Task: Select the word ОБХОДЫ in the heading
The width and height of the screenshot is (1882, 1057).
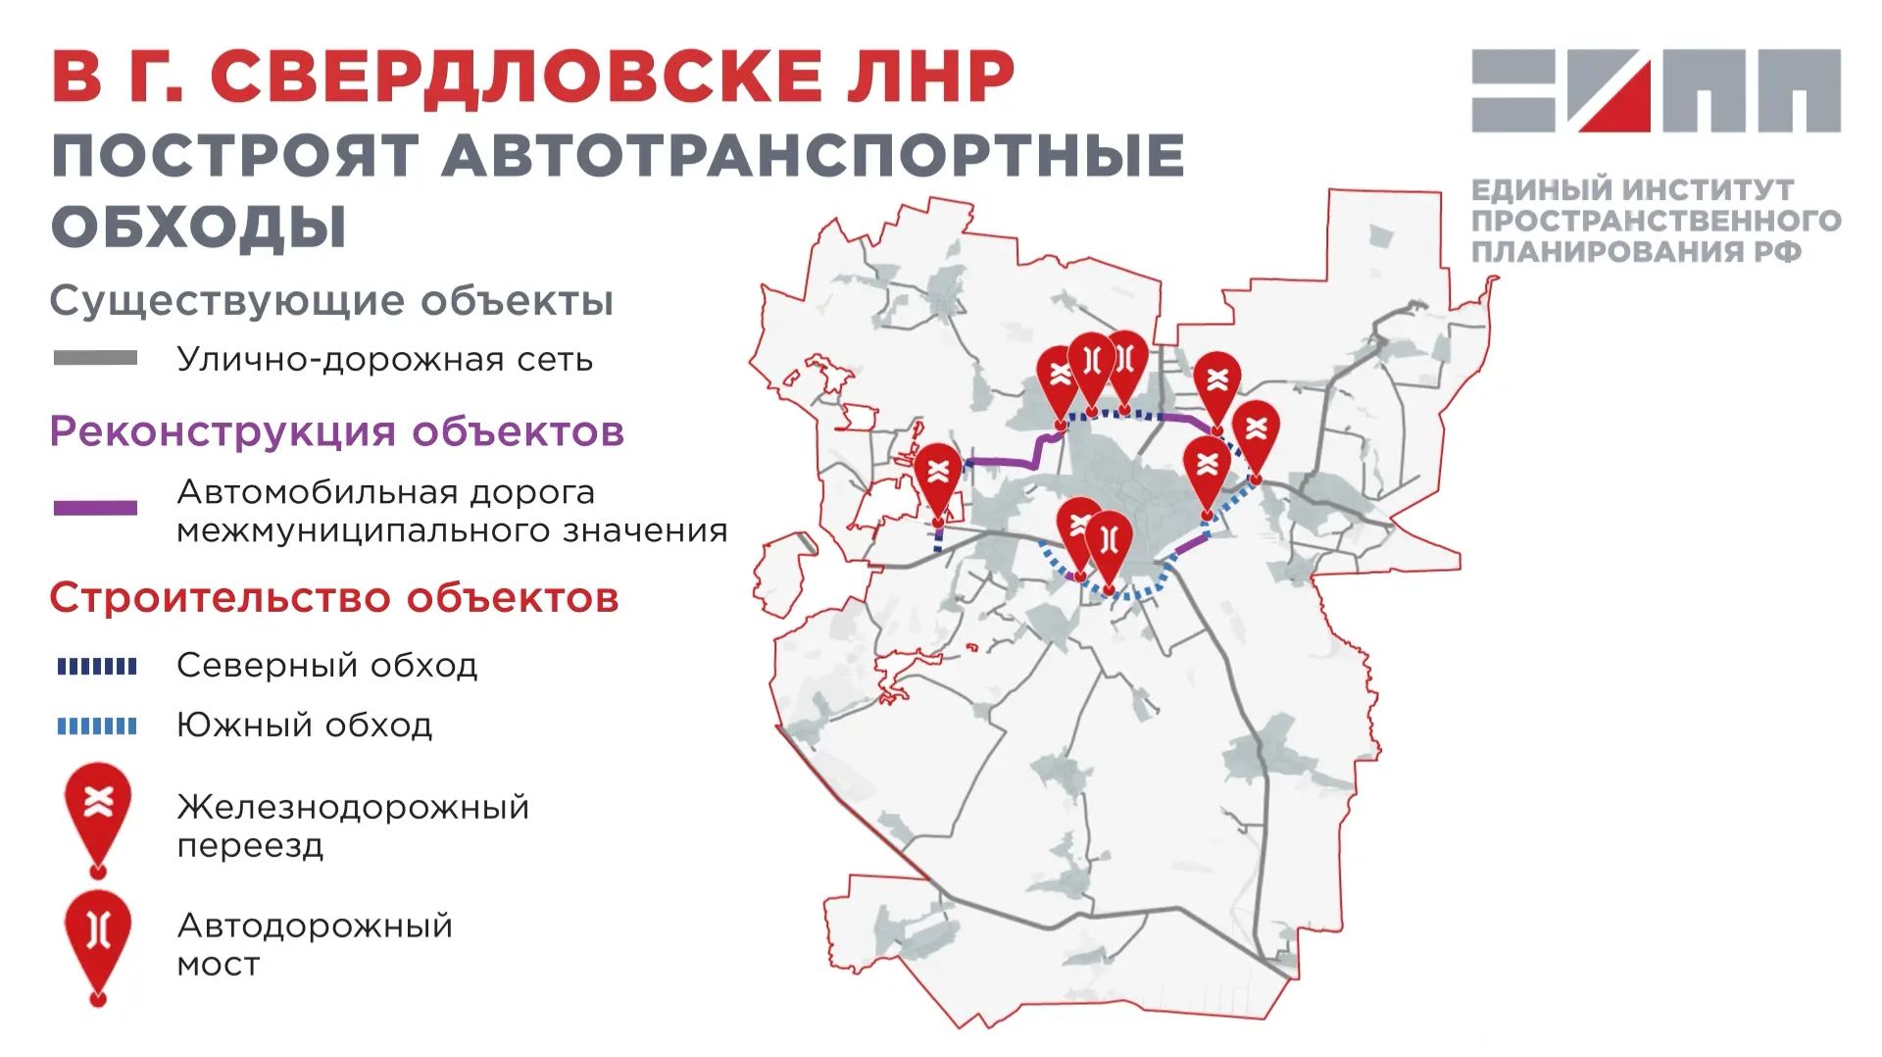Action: (x=199, y=226)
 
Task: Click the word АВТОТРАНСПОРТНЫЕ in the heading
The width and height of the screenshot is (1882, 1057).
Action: (x=814, y=155)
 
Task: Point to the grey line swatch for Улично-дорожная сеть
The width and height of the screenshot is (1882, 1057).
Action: (x=95, y=358)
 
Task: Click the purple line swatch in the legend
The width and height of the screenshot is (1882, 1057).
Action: (x=95, y=508)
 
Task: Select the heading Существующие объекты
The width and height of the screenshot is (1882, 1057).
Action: (x=331, y=300)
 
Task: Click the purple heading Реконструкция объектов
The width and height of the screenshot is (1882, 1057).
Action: (x=336, y=431)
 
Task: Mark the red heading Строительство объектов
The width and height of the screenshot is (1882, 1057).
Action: (x=334, y=597)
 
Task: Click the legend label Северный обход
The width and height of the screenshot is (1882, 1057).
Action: (x=326, y=666)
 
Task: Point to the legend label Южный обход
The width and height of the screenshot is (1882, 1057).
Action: (x=304, y=726)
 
